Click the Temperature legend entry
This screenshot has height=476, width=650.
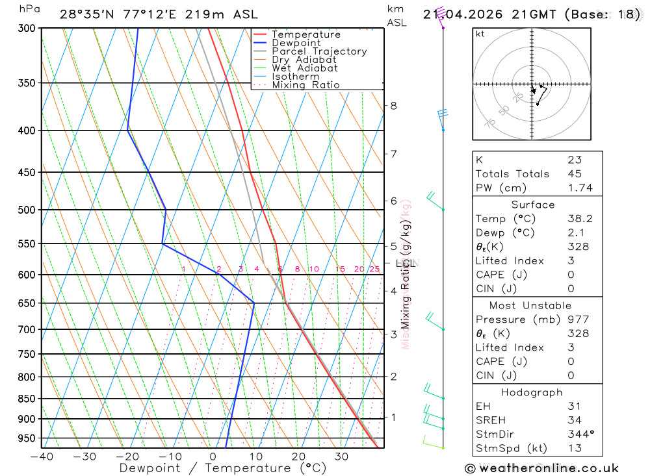305,34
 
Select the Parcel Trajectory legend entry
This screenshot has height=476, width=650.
319,51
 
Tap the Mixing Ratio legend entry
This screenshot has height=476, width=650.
305,85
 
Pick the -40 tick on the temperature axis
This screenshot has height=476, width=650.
41,457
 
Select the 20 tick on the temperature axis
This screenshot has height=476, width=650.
298,457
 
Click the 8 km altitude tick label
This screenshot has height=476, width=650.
394,106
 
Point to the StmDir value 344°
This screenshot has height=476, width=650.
580,434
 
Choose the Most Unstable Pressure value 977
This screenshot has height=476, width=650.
577,319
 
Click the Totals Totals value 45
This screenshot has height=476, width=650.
574,173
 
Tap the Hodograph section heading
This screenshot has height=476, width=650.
532,392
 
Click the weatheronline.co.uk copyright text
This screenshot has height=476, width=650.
541,468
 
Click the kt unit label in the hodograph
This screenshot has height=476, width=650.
480,34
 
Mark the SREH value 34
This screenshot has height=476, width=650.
574,420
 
